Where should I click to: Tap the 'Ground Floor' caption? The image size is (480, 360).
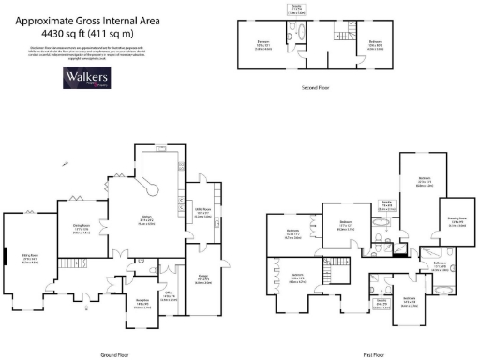click(x=113, y=354)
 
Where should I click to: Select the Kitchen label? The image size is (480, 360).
click(x=160, y=219)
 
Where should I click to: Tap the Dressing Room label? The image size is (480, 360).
click(x=458, y=223)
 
